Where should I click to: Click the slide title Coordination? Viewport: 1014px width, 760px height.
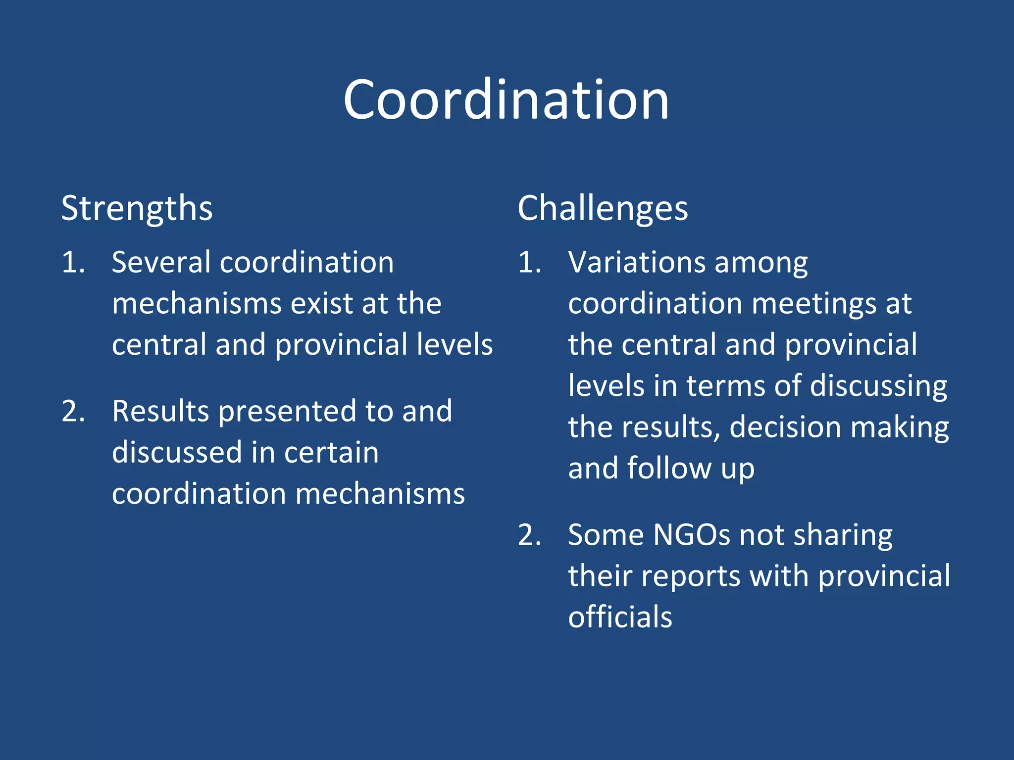pyautogui.click(x=506, y=100)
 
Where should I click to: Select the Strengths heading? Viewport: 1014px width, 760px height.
pyautogui.click(x=137, y=209)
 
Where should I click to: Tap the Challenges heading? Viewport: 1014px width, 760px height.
pyautogui.click(x=603, y=209)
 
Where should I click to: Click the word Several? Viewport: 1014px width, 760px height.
pyautogui.click(x=161, y=262)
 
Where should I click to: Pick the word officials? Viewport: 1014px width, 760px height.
pyautogui.click(x=620, y=617)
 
